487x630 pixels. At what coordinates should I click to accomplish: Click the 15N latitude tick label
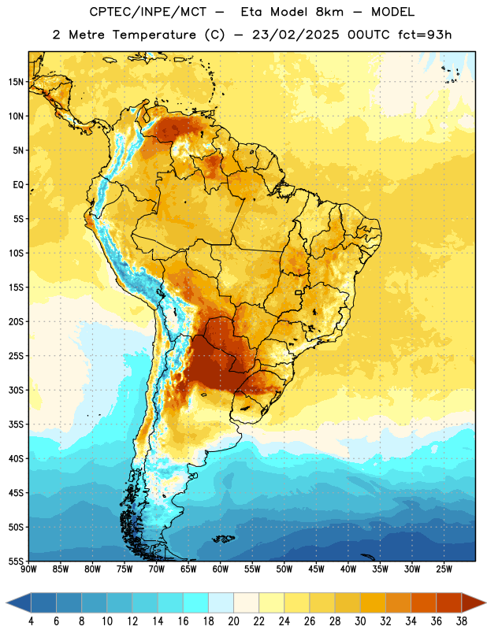(16, 82)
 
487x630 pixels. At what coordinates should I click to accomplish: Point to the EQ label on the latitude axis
(18, 185)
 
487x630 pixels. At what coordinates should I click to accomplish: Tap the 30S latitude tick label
(16, 390)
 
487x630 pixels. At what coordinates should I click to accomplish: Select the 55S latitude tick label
(16, 561)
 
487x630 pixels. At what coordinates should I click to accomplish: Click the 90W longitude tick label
(29, 569)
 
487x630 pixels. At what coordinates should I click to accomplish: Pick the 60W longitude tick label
(221, 569)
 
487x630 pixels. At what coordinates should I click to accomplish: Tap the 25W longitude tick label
(444, 569)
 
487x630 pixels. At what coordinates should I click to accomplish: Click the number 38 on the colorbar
(462, 621)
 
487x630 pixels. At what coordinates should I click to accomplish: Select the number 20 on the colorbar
(233, 621)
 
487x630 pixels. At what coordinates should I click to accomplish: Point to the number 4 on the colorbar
(31, 621)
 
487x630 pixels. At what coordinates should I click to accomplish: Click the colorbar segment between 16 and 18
(196, 603)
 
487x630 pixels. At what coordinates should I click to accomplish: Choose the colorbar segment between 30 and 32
(374, 603)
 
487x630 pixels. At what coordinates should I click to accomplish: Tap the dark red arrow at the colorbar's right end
(473, 603)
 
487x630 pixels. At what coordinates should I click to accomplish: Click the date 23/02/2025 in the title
(296, 35)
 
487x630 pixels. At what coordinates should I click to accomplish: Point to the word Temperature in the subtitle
(154, 35)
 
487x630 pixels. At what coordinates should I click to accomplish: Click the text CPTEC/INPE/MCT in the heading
(148, 12)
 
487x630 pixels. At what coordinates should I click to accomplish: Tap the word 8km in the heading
(329, 12)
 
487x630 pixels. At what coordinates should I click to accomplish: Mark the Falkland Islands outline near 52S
(224, 539)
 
